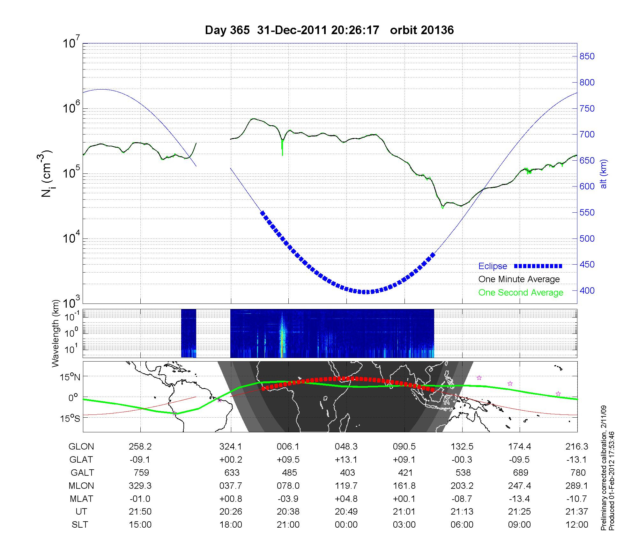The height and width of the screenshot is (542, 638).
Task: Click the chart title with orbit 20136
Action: coord(329,30)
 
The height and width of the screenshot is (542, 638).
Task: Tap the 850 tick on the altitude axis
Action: coord(587,56)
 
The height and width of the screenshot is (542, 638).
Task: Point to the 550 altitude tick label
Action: coord(587,213)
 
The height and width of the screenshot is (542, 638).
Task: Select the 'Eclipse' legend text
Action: coord(493,266)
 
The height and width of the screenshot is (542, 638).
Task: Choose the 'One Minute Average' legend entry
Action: coord(519,279)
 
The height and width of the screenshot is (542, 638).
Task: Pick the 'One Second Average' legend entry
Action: coord(521,293)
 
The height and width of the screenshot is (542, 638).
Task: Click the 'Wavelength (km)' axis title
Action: coord(56,333)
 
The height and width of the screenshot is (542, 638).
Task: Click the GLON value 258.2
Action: coord(140,447)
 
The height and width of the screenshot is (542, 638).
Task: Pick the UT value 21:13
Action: coord(462,512)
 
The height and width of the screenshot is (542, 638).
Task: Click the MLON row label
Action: coord(81,486)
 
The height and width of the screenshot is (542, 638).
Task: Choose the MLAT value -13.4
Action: coord(519,499)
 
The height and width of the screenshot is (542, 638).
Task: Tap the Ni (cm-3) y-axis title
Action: coord(47,174)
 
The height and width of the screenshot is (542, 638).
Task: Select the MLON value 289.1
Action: coord(577,486)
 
